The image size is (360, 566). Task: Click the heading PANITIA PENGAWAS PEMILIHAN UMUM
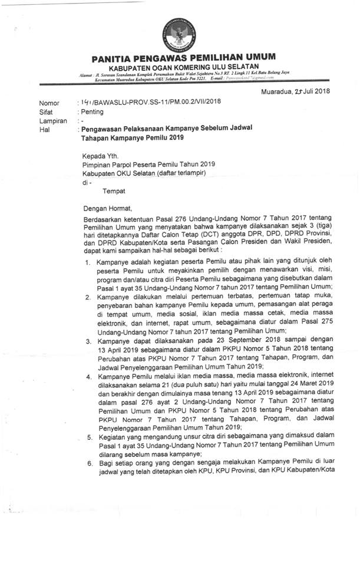183,57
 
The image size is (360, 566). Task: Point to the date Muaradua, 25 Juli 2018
295,91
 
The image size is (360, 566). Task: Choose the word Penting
92,111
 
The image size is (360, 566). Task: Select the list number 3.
87,340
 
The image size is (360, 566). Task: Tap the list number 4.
87,376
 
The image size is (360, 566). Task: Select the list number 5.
87,437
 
